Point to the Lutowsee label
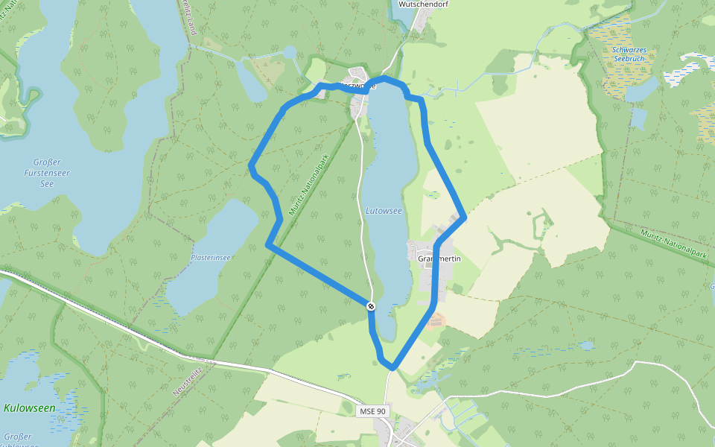(384, 211)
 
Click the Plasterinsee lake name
(211, 257)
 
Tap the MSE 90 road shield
(371, 411)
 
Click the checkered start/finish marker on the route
(371, 305)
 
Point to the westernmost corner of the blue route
(251, 165)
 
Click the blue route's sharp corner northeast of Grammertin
(464, 218)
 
